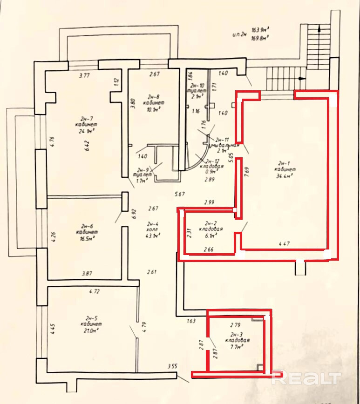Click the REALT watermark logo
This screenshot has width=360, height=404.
(306, 377)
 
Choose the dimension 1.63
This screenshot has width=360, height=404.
(192, 321)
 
